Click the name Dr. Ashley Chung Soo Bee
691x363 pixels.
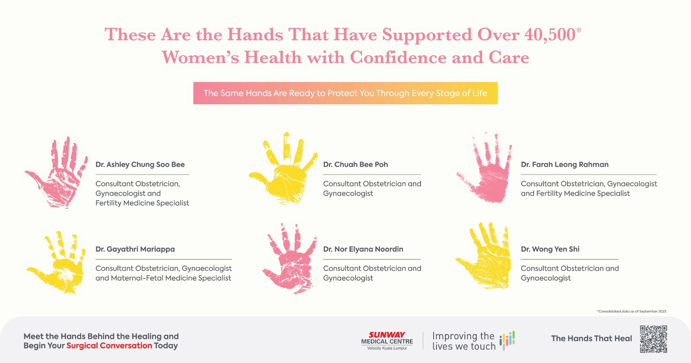140,164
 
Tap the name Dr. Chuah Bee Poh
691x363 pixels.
355,164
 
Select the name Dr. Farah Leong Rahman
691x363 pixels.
564,164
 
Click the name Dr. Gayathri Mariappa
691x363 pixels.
135,249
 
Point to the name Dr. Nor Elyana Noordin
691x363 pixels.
363,249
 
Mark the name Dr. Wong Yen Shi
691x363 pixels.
550,249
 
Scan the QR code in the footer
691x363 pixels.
653,339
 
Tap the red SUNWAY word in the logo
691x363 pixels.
387,335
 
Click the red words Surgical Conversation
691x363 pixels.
109,346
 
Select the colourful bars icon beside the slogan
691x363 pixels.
507,340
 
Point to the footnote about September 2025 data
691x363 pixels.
632,311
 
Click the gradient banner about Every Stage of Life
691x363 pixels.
345,93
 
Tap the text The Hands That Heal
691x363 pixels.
592,338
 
